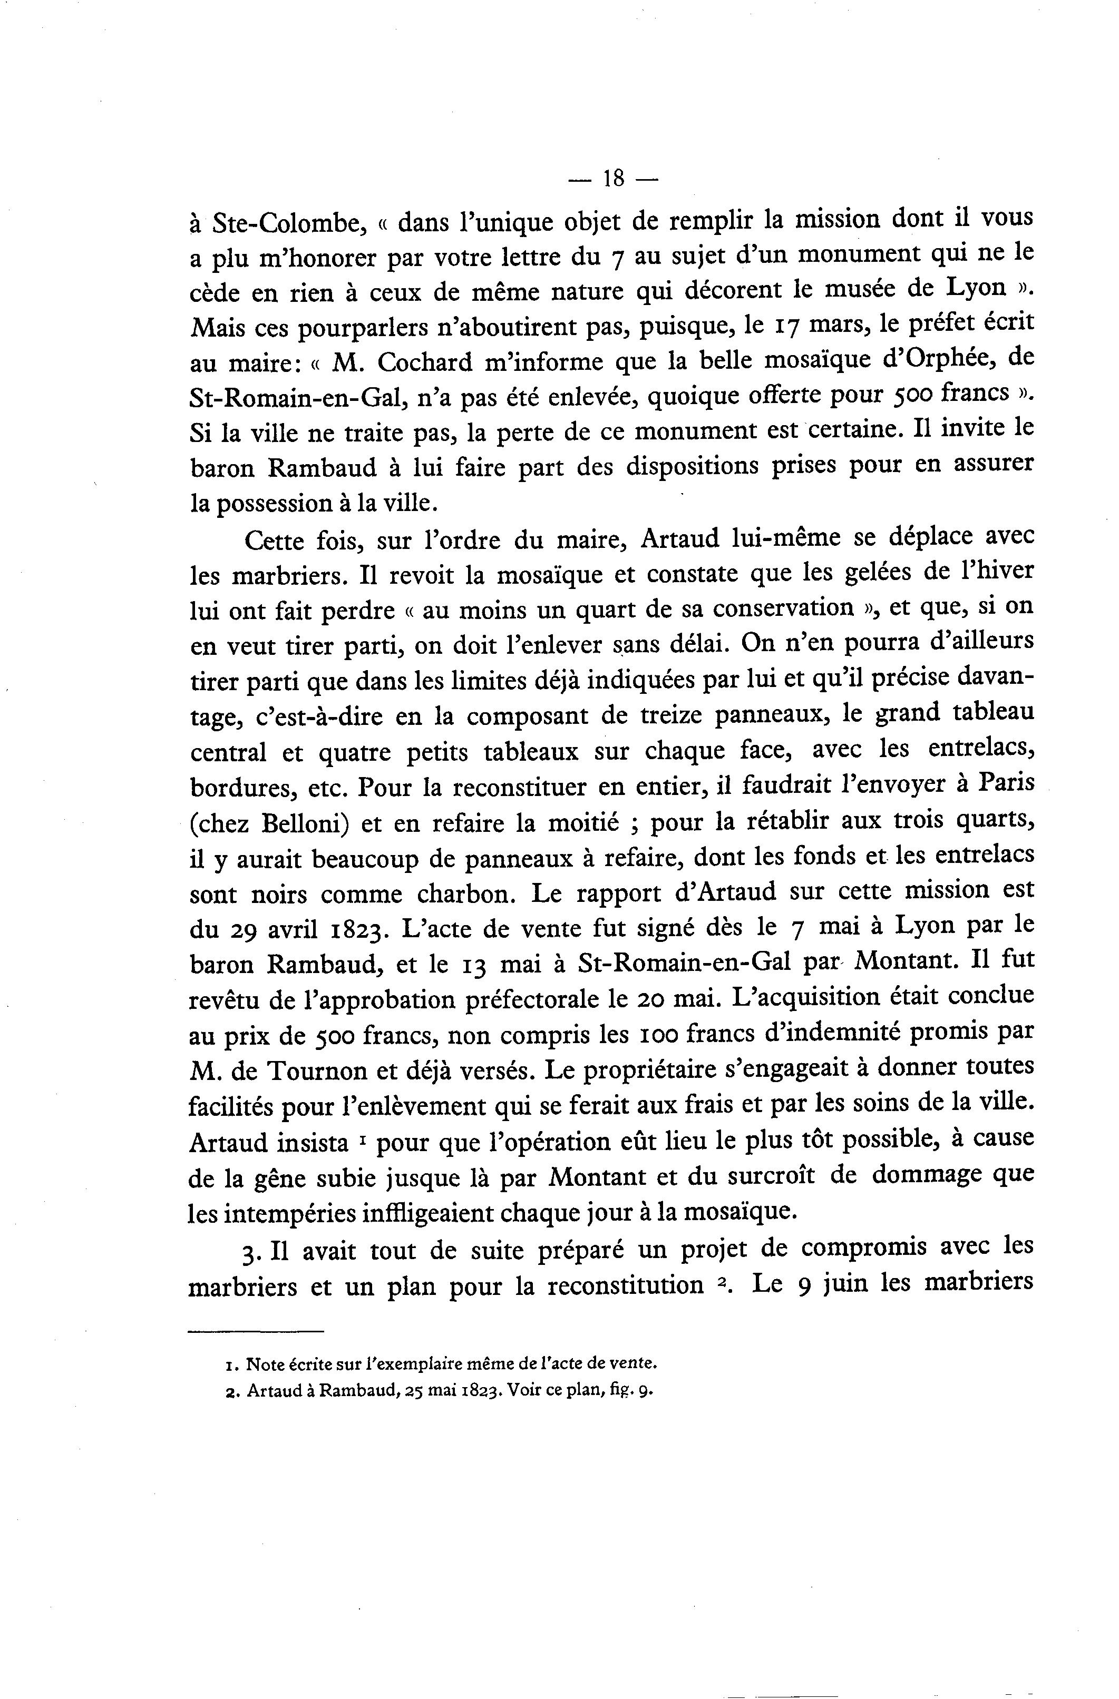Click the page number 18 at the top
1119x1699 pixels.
614,178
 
